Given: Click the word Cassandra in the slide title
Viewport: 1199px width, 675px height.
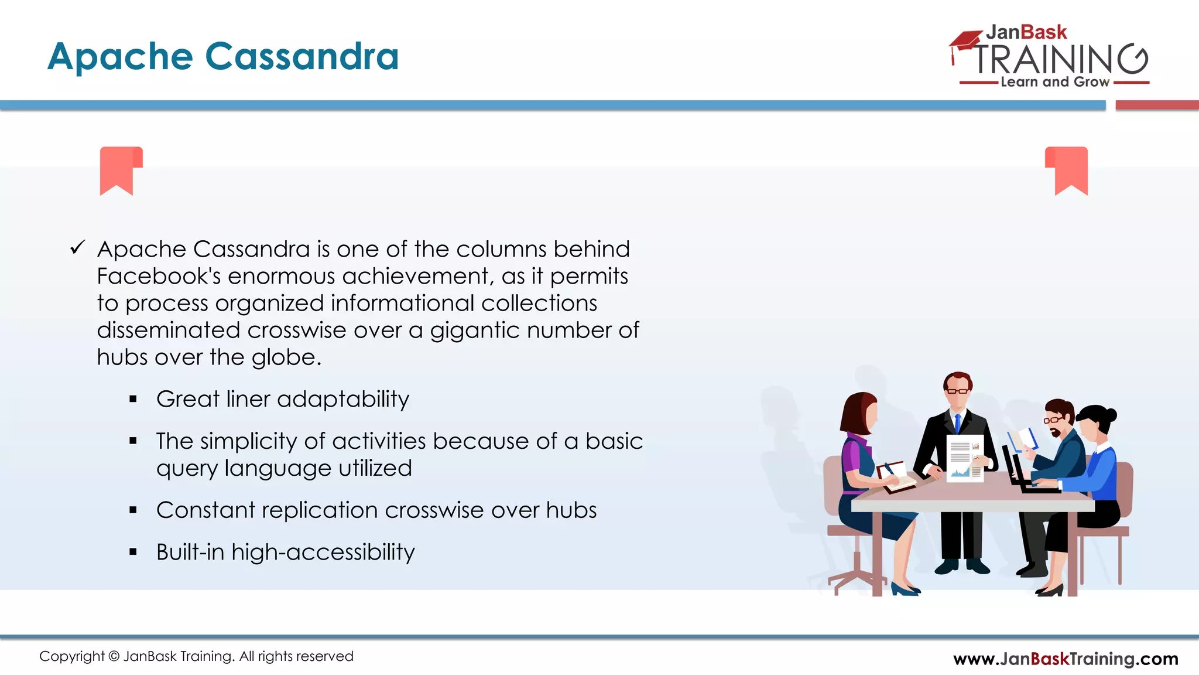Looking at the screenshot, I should [x=302, y=57].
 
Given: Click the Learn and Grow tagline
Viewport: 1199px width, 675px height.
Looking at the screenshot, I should [x=1054, y=82].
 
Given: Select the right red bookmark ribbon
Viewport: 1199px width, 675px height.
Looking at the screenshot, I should [x=1067, y=170].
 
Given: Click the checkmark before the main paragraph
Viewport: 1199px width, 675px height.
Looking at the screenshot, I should [x=77, y=248].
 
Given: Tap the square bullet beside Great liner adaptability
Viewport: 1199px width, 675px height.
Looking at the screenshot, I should [x=133, y=400].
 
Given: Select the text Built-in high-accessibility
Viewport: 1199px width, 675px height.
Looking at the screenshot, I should [x=285, y=552].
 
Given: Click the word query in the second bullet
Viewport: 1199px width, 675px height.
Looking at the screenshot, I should [x=186, y=469].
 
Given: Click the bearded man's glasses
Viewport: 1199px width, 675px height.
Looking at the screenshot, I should [x=1053, y=420].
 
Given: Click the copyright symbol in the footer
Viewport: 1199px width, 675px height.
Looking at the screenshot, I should [x=114, y=657].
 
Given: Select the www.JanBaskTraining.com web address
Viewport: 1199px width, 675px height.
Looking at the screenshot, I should [x=1065, y=659].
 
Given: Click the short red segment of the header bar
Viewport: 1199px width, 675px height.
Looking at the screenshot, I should [x=1157, y=105].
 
